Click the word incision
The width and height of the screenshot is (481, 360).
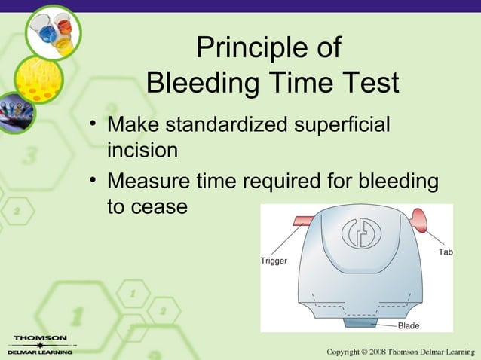click(142, 150)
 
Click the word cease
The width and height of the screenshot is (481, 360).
click(161, 206)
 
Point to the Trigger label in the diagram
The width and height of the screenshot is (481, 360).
click(273, 261)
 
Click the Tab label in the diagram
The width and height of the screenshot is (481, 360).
click(445, 252)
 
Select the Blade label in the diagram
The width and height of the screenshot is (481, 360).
click(408, 325)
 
